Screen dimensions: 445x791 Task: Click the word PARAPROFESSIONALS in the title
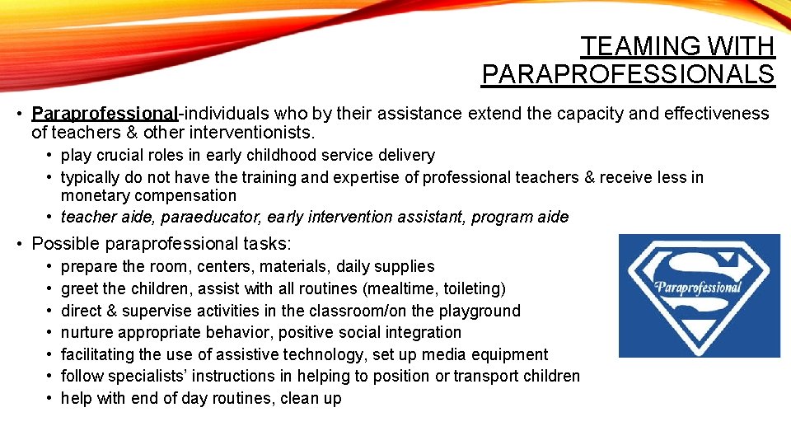click(x=628, y=74)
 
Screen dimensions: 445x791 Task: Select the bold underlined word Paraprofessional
click(x=105, y=114)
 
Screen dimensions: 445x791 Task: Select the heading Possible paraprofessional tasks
click(x=161, y=243)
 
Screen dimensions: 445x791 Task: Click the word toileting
click(x=471, y=288)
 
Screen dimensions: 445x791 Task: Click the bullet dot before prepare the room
click(x=50, y=267)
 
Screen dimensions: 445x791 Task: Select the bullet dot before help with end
click(x=50, y=399)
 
